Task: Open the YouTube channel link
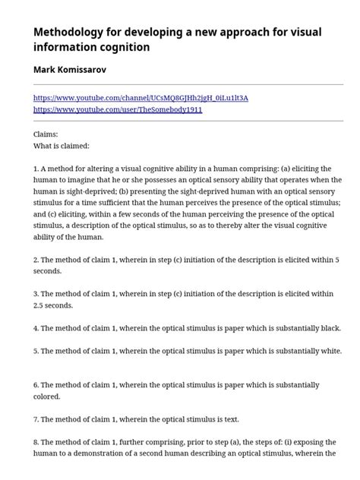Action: pos(141,99)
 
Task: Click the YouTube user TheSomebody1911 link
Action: pos(118,109)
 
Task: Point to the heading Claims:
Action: pos(46,134)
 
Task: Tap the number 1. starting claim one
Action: pos(36,169)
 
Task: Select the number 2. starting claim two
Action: pos(36,260)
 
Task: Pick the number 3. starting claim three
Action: pos(36,294)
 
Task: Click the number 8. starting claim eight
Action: pos(36,442)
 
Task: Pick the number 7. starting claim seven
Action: pos(36,419)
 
